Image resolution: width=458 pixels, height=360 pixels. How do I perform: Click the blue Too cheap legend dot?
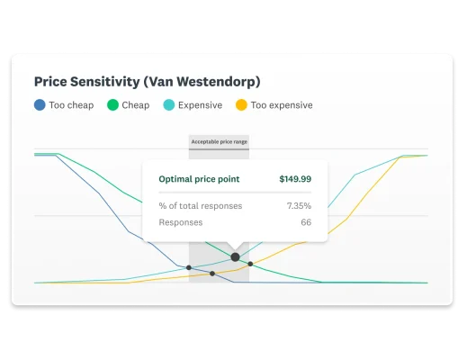tap(40, 105)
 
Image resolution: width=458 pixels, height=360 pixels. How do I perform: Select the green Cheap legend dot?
tap(112, 105)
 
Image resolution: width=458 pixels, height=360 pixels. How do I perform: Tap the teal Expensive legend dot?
tap(169, 105)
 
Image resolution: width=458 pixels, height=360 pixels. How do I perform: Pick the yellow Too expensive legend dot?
tap(241, 105)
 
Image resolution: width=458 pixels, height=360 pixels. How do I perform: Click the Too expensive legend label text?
tap(282, 105)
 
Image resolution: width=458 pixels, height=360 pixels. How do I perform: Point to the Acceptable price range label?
tap(219, 141)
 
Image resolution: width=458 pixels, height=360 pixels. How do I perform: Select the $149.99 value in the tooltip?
tap(295, 179)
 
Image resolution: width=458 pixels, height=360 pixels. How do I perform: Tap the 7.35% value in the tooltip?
tap(299, 205)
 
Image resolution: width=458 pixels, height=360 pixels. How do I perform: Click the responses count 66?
tap(306, 222)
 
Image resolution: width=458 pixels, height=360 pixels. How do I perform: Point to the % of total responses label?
tap(200, 205)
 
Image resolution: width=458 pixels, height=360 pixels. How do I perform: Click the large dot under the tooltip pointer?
tap(235, 256)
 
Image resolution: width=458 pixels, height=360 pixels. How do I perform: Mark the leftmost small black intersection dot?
tap(188, 267)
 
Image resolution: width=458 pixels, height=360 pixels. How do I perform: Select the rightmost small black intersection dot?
tap(250, 264)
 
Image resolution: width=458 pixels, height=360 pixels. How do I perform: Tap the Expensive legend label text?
tap(200, 105)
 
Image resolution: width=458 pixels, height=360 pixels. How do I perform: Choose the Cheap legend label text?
tap(136, 105)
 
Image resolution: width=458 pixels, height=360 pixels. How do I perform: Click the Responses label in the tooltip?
tap(181, 222)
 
